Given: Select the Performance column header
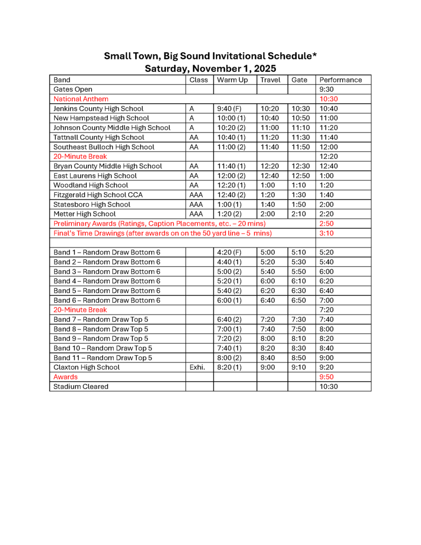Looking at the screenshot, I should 341,80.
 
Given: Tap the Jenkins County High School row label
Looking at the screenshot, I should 98,109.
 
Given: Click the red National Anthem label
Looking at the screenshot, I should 81,99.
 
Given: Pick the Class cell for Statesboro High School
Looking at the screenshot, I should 196,204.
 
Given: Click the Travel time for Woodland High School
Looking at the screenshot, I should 268,185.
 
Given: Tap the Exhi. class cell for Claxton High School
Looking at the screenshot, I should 197,367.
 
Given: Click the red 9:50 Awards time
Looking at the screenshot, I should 326,377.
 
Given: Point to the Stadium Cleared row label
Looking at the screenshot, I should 81,386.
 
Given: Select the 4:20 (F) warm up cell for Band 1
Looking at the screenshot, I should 229,252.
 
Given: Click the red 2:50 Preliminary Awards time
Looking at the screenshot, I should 326,224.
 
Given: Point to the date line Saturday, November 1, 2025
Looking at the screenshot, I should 210,68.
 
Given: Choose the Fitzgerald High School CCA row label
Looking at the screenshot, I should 98,195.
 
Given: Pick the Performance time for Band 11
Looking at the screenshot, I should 326,358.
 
